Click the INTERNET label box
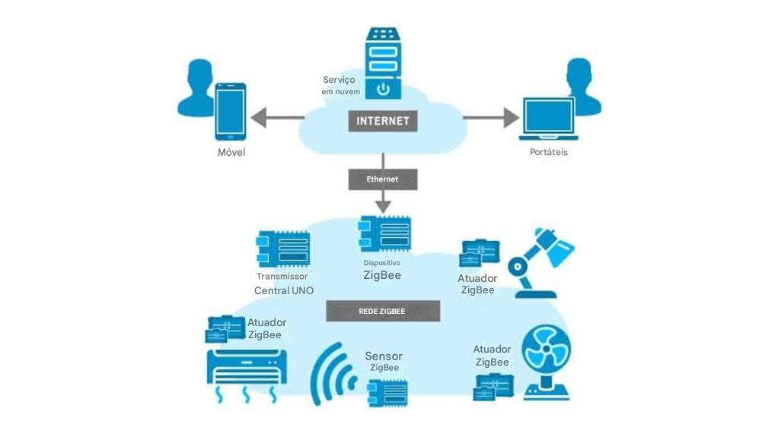383,121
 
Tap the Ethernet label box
383,179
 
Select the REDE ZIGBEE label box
383,311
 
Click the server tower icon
383,64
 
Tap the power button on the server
383,89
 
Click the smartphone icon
231,112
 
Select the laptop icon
547,119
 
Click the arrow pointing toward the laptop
490,118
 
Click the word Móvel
231,153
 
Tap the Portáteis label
548,153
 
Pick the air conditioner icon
247,369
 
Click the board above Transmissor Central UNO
283,249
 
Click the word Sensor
384,356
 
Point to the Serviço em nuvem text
340,85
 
